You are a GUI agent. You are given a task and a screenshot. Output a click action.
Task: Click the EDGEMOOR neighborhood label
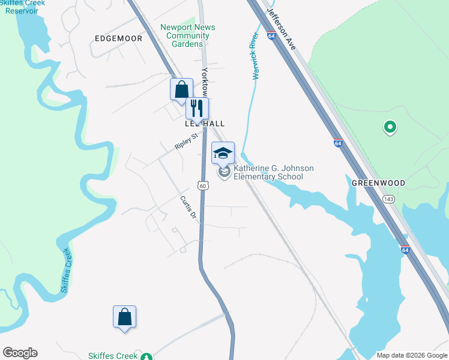point(119,38)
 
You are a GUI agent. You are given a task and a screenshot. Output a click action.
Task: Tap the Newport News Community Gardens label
point(188,35)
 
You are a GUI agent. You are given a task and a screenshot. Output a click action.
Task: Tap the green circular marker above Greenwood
point(390,127)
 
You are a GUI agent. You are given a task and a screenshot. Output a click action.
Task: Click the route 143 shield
point(389,198)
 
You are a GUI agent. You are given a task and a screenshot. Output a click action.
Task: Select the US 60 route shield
point(203,186)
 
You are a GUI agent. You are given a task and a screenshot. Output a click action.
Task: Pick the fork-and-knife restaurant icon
point(197,108)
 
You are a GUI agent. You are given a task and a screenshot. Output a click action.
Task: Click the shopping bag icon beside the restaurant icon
point(181,90)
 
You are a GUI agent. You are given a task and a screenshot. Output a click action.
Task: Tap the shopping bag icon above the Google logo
point(124,316)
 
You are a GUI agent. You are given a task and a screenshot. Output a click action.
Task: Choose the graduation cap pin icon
point(223,153)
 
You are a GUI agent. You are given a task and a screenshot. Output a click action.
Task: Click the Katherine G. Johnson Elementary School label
point(273,173)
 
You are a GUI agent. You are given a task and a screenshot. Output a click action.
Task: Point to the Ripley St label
point(186,142)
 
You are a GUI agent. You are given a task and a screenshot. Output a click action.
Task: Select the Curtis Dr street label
point(188,207)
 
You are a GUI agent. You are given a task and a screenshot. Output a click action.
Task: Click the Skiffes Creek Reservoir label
point(23,7)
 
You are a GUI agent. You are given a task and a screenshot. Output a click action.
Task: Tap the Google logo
point(20,353)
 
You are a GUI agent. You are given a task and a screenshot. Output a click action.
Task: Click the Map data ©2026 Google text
point(411,355)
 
